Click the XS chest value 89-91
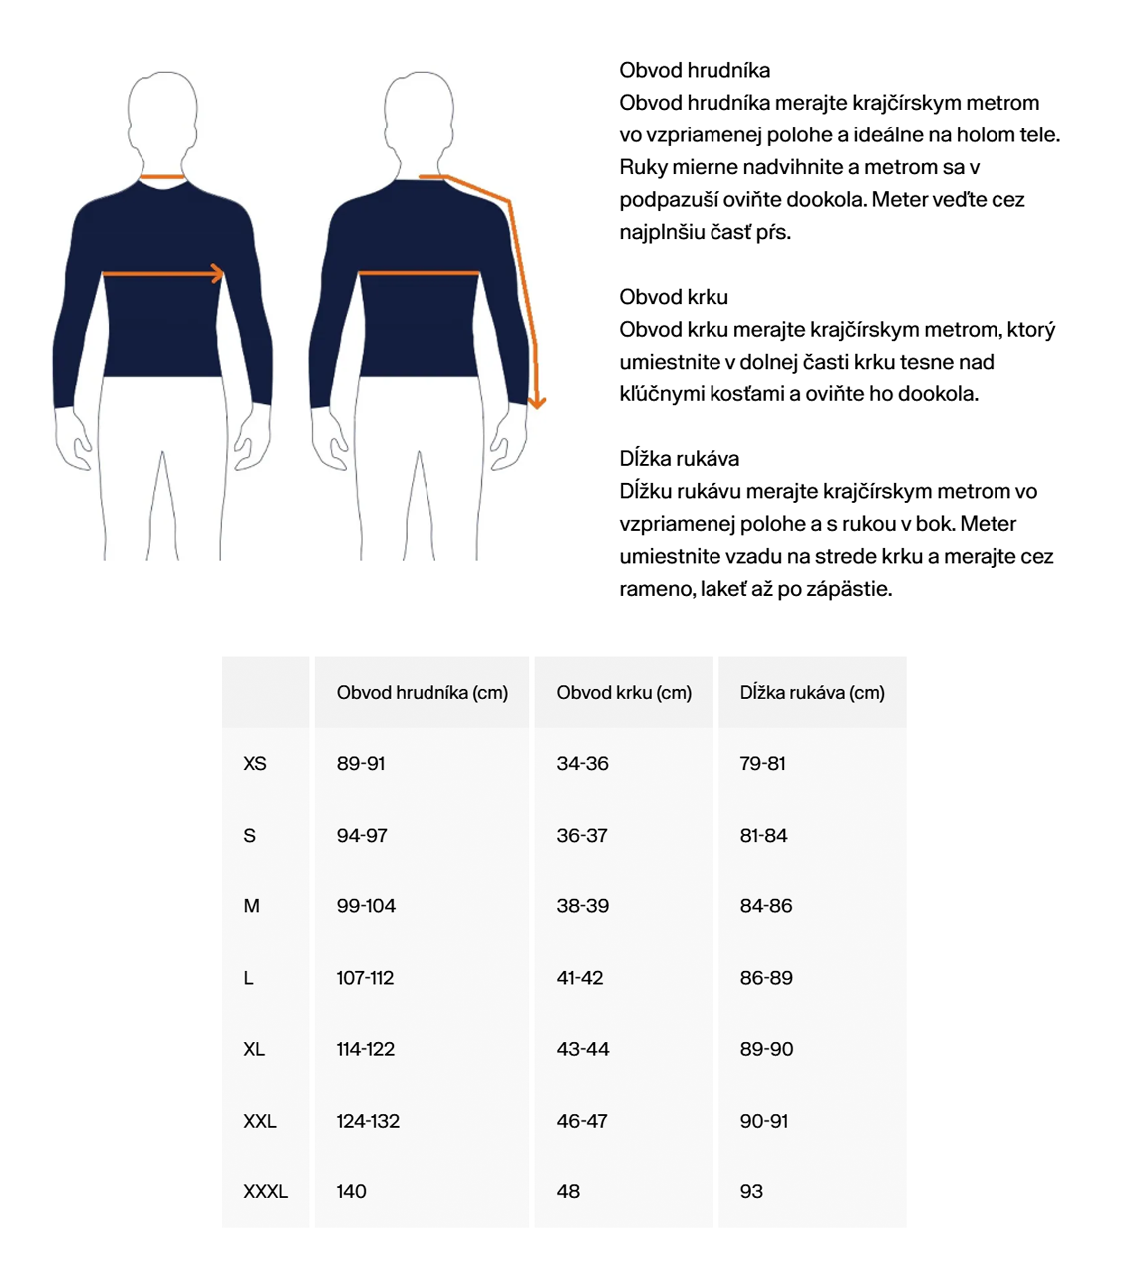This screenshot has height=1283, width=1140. pos(361,764)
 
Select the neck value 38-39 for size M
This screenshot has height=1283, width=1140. pos(583,906)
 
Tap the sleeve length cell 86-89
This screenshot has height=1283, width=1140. pos(766,978)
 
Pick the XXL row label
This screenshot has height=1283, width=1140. pos(260,1121)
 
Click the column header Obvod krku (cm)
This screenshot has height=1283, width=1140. pos(624,693)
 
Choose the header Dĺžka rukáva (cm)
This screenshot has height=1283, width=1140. pos(812,693)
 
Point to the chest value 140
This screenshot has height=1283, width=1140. pos(351,1192)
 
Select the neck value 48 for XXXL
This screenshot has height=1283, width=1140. pos(568,1192)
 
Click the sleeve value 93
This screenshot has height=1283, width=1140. pos(751,1192)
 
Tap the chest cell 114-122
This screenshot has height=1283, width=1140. pos(366,1049)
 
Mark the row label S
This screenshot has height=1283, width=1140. pos(250,836)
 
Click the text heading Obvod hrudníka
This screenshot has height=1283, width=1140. pos(695,70)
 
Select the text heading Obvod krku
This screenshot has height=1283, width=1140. pos(674,297)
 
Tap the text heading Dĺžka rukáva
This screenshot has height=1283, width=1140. pos(680,459)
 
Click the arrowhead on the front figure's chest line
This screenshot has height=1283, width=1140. pos(217,273)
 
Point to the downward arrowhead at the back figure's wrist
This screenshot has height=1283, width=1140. pos(537,401)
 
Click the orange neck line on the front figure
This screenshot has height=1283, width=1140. pos(162,178)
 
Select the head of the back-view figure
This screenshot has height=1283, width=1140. pos(420,110)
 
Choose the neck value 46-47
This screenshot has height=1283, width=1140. pos(583,1121)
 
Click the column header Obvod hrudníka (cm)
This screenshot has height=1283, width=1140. pos(423,693)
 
